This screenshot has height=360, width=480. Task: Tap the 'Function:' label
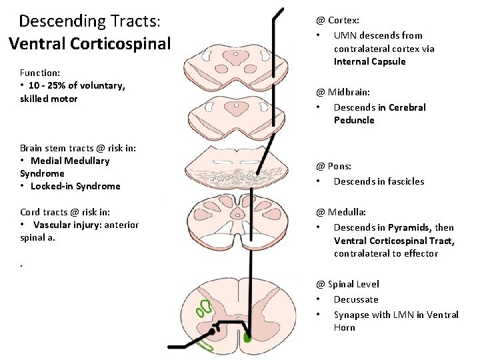(40, 72)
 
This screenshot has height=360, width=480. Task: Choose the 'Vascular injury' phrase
(65, 225)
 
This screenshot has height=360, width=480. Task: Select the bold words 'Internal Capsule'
(369, 61)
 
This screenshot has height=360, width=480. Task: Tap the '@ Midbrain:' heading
(343, 92)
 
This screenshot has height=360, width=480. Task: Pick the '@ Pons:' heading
(333, 166)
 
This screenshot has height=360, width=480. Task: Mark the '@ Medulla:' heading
(341, 212)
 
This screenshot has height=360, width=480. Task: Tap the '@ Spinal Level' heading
(347, 284)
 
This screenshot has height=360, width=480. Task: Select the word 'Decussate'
(356, 299)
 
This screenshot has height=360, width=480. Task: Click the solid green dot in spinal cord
(248, 339)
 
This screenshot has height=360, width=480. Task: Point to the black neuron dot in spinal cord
(213, 331)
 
